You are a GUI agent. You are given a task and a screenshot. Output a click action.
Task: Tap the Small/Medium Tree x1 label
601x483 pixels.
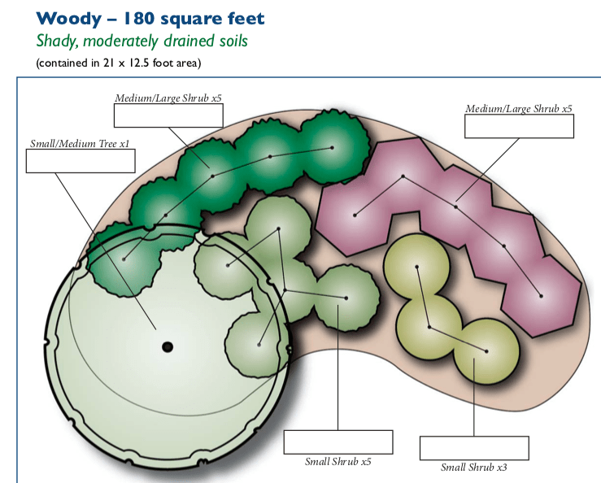(80, 144)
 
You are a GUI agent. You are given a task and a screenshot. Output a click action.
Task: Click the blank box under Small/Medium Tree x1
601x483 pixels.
(80, 161)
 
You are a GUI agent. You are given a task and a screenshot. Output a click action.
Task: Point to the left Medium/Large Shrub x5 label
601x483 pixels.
(168, 98)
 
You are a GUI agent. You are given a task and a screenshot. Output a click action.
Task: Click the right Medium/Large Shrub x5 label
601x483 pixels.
(519, 108)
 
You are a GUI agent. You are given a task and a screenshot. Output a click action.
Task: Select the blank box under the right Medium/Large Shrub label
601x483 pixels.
(519, 126)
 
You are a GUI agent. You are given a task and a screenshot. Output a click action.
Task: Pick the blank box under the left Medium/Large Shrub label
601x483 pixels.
(168, 116)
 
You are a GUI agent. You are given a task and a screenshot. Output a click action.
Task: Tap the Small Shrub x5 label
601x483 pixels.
(338, 461)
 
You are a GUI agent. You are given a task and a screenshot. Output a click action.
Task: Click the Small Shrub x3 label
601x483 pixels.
(474, 467)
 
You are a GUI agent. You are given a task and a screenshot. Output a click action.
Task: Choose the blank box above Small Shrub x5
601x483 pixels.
(338, 442)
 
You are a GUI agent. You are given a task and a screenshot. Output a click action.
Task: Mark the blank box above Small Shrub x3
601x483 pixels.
(474, 448)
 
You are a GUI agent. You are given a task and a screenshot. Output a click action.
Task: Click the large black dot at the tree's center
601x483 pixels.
(168, 347)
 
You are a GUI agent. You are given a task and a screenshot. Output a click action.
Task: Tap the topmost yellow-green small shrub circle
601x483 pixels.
(416, 265)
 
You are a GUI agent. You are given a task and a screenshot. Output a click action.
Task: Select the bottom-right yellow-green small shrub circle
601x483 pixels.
(486, 351)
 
